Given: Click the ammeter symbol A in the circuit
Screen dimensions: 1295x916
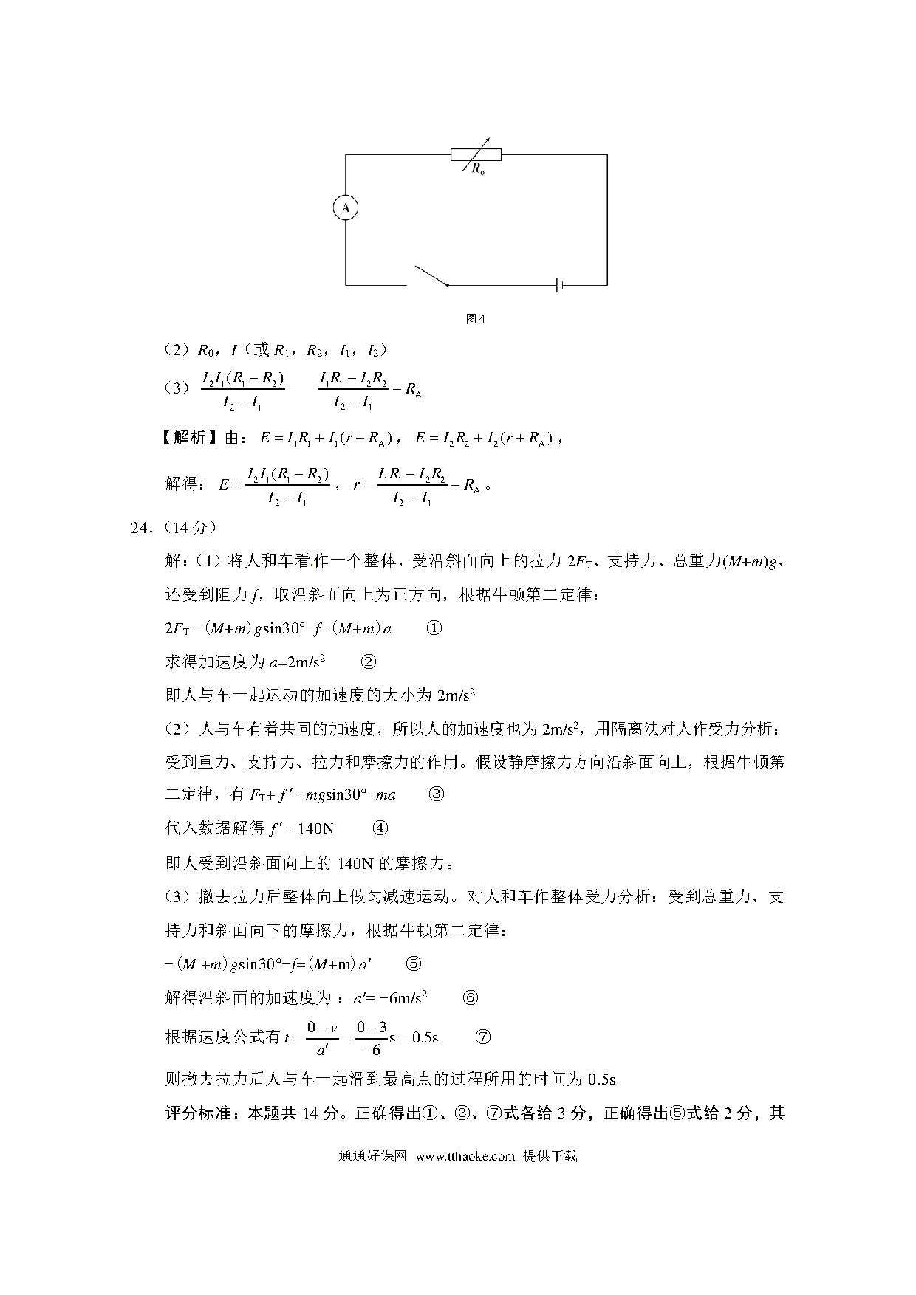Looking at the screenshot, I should [345, 208].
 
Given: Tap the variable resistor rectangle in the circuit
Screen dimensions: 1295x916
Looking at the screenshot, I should [476, 154].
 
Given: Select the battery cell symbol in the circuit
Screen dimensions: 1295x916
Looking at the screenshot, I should [561, 284].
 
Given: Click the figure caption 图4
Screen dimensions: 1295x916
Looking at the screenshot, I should [476, 319].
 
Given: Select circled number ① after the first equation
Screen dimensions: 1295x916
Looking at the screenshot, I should [434, 628].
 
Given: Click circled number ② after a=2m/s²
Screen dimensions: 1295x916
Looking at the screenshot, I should [367, 662].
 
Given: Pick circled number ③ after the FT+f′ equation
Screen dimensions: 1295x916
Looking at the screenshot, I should [437, 794].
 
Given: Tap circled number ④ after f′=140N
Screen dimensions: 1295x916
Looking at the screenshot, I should [380, 828].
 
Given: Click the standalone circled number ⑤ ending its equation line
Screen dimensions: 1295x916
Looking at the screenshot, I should [414, 963].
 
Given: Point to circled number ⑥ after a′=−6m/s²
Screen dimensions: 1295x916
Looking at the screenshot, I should [470, 997].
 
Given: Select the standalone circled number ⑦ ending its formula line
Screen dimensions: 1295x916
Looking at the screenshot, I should [482, 1037].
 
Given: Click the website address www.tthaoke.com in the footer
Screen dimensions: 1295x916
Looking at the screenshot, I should [465, 1156].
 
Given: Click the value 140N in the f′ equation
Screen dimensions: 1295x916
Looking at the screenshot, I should [316, 828].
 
